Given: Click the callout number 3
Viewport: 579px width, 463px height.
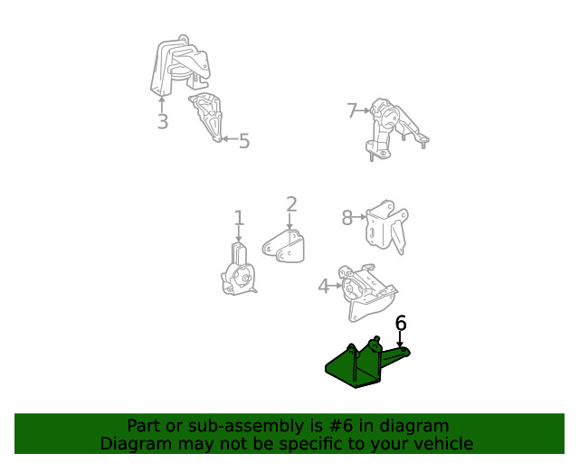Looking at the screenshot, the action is point(163,121).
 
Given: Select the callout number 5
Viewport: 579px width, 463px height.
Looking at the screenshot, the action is point(244,141).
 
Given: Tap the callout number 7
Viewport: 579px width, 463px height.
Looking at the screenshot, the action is point(352,110).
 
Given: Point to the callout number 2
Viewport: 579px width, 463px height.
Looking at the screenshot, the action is point(291,204).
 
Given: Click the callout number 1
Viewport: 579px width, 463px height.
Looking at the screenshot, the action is point(239,218).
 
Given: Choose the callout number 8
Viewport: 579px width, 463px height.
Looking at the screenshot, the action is point(347,217).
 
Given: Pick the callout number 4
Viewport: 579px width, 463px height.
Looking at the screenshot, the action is point(324,286).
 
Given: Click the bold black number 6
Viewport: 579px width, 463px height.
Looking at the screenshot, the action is point(401,323).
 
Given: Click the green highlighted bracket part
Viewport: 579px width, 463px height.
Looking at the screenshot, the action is point(365,365).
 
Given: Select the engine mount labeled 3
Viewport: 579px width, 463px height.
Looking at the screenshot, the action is point(181,66).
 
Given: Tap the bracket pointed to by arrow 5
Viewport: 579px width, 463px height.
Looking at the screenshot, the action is point(207,117).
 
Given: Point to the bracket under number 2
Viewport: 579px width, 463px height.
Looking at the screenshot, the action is point(284,247).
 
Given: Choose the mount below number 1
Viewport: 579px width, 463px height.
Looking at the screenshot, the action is point(238,271).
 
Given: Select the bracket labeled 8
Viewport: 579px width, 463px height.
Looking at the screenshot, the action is point(387,227).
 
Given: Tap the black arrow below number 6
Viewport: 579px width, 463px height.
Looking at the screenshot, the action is point(400,338).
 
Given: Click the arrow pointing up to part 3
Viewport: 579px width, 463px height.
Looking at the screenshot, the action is point(161,104).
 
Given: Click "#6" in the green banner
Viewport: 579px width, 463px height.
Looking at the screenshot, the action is point(341,426).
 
